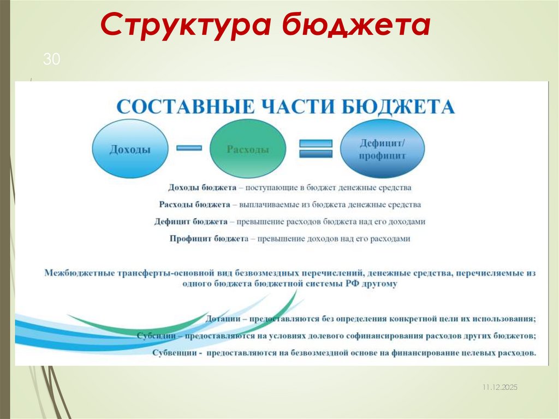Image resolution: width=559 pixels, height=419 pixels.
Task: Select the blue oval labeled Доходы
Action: [x=130, y=149]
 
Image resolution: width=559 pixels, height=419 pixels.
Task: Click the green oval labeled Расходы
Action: [x=247, y=149]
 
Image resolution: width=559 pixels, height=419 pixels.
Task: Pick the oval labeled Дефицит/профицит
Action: [x=382, y=149]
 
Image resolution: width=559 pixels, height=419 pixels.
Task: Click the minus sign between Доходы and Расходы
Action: [x=189, y=147]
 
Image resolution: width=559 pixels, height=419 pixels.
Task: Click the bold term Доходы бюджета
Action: [x=202, y=187]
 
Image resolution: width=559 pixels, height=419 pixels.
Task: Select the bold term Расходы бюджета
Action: [x=194, y=205]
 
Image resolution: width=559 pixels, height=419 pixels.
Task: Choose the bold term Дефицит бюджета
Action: [x=191, y=222]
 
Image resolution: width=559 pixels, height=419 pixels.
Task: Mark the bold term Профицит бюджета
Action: [x=209, y=239]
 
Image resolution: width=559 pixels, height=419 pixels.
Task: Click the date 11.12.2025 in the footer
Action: [x=499, y=387]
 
